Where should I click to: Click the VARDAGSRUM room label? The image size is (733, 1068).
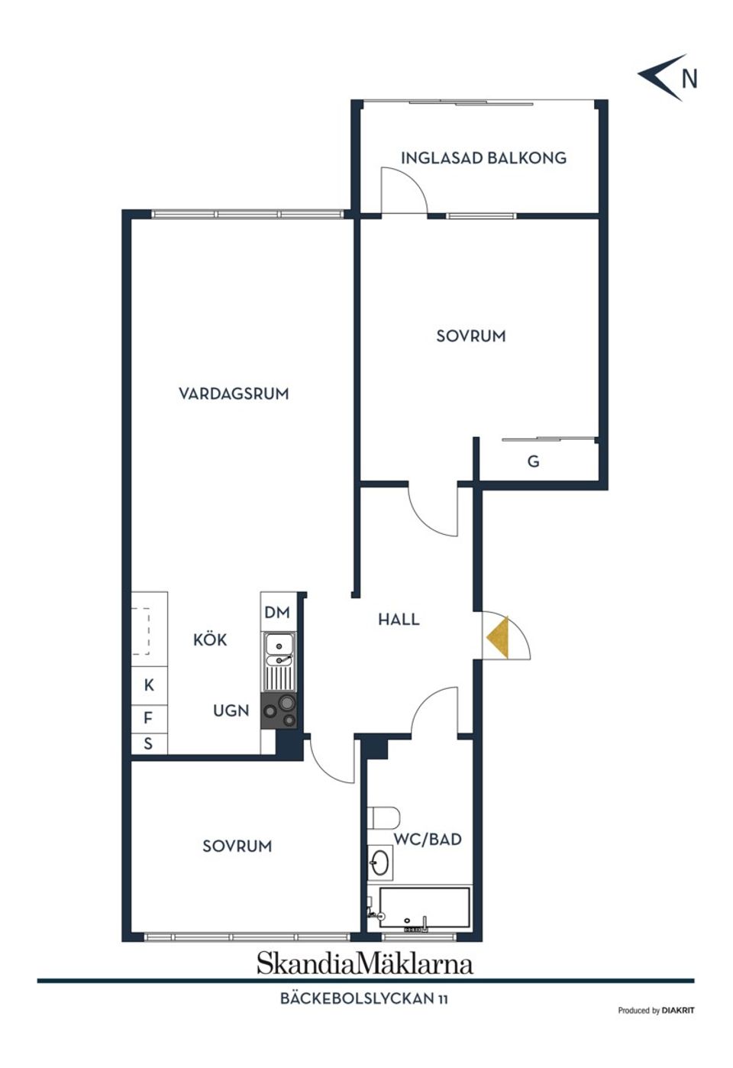(234, 394)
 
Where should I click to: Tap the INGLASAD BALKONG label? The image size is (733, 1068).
(484, 158)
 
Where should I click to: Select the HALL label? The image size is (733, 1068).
(399, 620)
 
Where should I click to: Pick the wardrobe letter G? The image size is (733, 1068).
(533, 461)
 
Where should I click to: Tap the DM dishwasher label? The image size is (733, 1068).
(277, 612)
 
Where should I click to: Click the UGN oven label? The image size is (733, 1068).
(231, 711)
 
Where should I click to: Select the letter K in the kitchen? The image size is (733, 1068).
(149, 685)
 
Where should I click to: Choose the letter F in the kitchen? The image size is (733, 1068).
(148, 717)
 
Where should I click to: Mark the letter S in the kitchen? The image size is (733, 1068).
(148, 743)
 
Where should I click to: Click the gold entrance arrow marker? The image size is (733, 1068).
(497, 637)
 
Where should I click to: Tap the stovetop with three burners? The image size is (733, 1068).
(279, 710)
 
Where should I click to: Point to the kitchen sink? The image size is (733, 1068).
(279, 662)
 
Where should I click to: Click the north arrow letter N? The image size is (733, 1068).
(689, 79)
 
